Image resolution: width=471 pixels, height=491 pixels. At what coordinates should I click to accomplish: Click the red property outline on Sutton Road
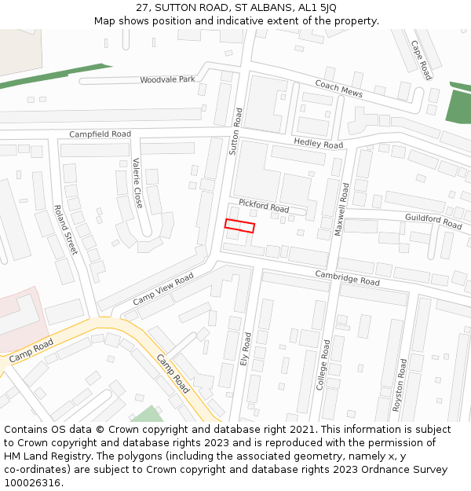click(x=240, y=226)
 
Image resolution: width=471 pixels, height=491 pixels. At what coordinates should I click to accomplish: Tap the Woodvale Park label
click(x=167, y=80)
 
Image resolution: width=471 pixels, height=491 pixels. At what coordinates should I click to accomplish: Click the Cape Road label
click(x=422, y=59)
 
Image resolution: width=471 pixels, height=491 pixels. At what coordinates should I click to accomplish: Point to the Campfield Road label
click(x=100, y=134)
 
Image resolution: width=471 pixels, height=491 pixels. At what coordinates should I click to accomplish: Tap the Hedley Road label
click(x=318, y=143)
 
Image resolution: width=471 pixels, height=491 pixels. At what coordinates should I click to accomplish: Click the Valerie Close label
click(x=137, y=183)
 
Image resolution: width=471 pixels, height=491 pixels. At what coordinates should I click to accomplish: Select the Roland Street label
click(x=65, y=229)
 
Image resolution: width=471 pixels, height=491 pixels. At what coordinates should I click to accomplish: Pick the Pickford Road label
click(x=264, y=207)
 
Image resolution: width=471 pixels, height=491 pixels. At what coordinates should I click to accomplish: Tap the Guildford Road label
click(x=433, y=221)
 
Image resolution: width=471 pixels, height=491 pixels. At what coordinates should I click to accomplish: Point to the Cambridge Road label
click(x=347, y=277)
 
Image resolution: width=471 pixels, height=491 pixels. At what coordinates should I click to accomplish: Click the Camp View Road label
click(x=162, y=289)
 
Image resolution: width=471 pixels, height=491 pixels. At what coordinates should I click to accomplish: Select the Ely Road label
click(x=246, y=349)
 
